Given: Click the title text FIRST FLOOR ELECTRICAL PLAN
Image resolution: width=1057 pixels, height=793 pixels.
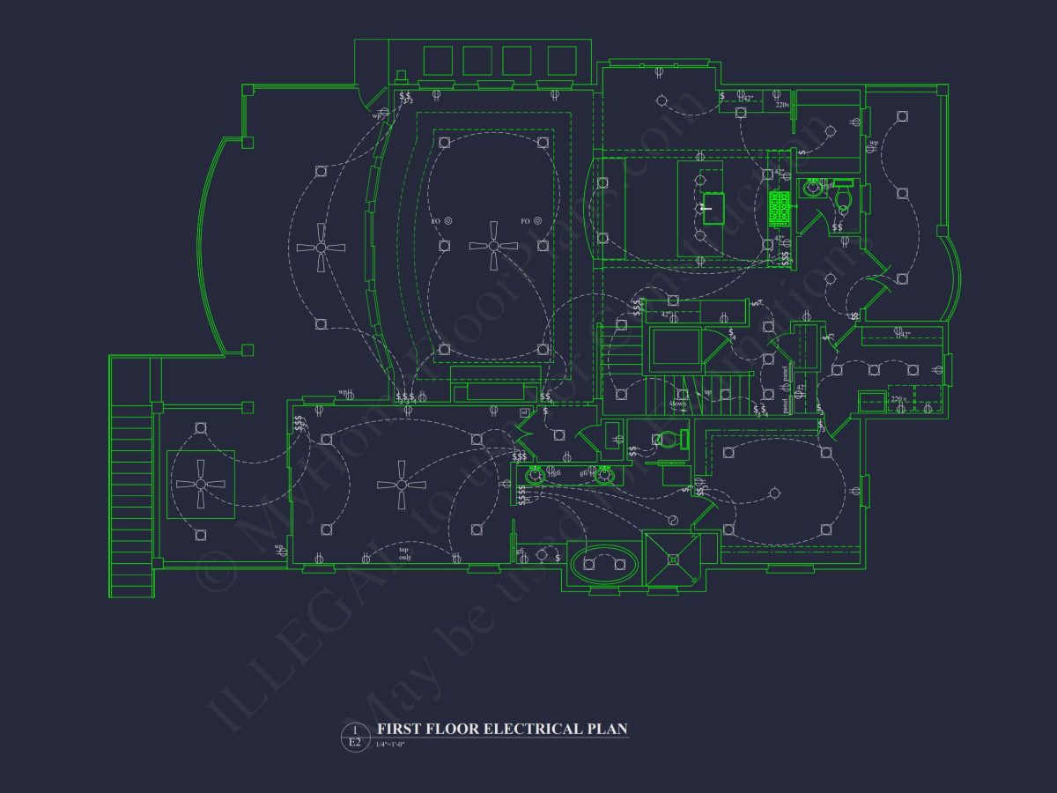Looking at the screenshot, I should point(502,729).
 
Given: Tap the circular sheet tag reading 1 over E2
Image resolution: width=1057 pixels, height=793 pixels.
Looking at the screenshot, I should point(354,737).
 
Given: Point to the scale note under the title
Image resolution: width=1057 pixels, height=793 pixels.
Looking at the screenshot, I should point(390,745).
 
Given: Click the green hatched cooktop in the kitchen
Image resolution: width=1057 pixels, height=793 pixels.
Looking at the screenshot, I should point(779,209).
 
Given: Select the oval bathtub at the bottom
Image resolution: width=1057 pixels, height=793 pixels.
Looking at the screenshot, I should point(604,563).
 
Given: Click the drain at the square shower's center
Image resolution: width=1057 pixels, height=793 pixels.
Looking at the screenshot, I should point(674,559).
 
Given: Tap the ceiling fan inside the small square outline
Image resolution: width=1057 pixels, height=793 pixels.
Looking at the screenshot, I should point(201,483).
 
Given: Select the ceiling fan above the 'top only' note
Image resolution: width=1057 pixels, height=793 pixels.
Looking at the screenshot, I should point(402,484).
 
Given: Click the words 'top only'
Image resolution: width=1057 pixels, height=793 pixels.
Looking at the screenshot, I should point(404,553).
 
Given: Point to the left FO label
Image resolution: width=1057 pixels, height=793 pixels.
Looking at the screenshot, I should point(436,220).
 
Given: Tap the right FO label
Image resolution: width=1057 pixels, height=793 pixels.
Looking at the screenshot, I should point(525,220).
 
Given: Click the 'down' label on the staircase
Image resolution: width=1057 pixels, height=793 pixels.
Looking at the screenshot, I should point(677,404).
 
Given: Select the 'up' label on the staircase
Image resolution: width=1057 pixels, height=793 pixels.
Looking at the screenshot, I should point(706,392).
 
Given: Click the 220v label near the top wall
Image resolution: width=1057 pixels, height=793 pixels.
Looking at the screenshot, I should point(782,105).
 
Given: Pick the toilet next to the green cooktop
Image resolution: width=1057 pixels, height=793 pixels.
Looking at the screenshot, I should point(842,196).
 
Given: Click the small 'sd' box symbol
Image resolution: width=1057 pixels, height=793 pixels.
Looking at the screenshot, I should point(525,411).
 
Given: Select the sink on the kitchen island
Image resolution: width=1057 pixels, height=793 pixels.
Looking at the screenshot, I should point(713,208).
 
